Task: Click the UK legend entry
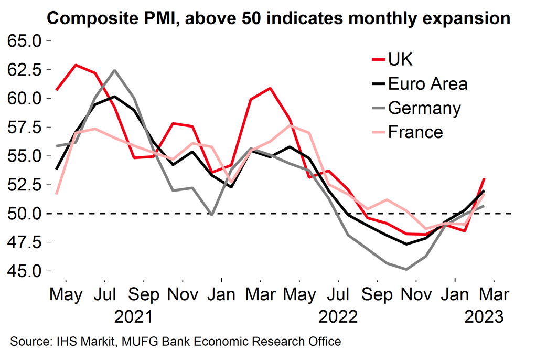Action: [x=400, y=59]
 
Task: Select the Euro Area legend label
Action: [x=427, y=83]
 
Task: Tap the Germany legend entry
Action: [x=424, y=108]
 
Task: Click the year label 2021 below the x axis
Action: [x=133, y=317]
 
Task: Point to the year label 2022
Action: [x=338, y=317]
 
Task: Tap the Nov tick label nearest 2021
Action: [x=183, y=294]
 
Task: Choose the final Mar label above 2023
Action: [x=494, y=294]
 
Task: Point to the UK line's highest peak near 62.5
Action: [x=76, y=65]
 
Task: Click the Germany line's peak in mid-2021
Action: [x=115, y=70]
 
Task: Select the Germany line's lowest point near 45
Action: [x=406, y=269]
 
